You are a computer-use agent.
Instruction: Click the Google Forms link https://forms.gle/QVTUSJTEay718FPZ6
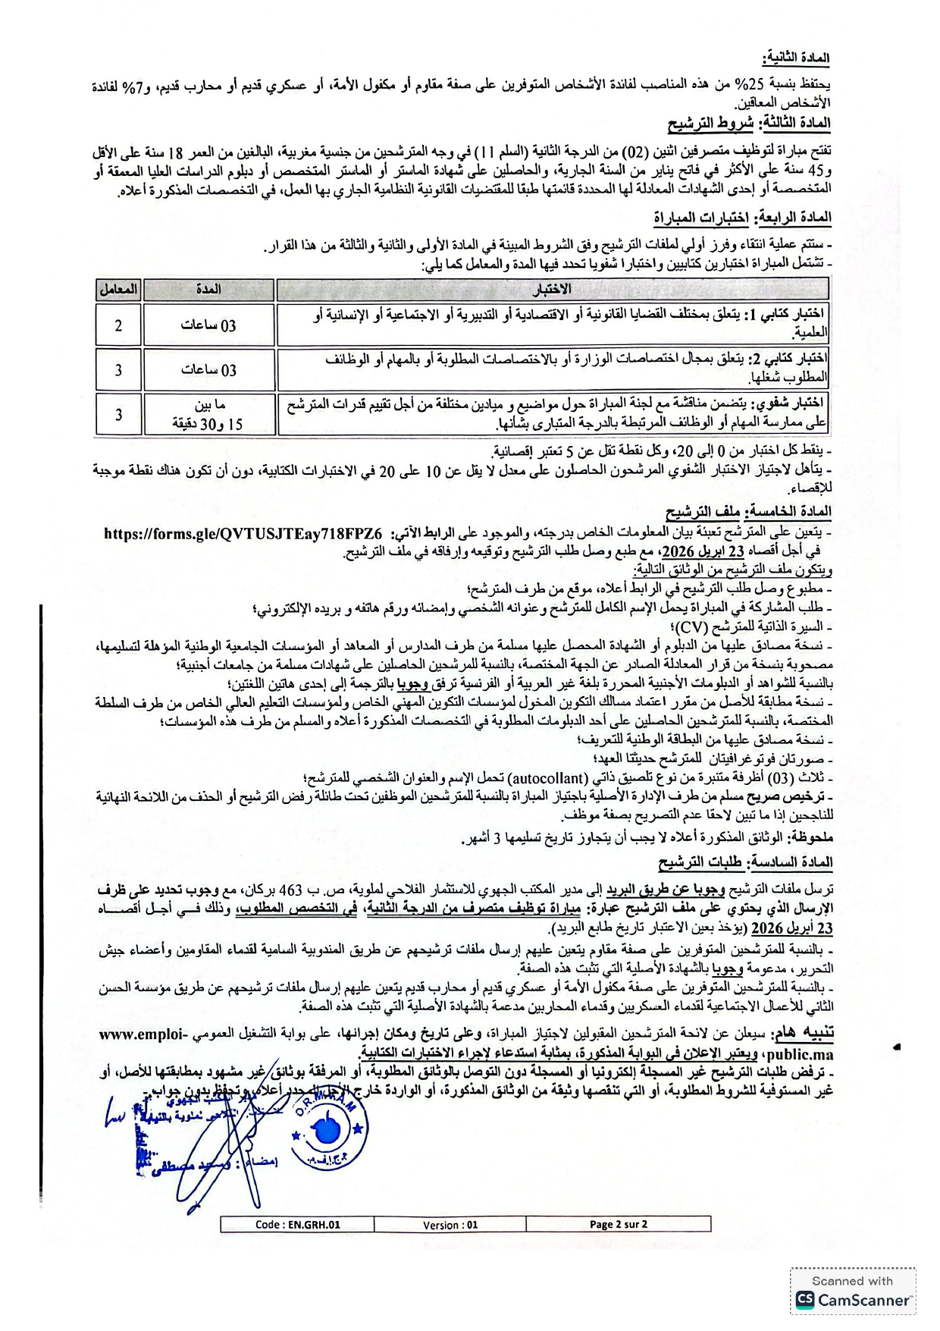point(243,533)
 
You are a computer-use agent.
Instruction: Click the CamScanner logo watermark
point(853,1299)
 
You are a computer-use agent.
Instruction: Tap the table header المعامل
point(118,289)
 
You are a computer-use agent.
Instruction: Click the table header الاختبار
point(553,289)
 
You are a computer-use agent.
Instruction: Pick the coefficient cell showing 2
point(118,325)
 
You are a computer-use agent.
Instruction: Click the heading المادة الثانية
point(796,58)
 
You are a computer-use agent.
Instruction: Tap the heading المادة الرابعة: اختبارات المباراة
point(742,218)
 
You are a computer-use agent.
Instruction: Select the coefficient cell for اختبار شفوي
point(118,415)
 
